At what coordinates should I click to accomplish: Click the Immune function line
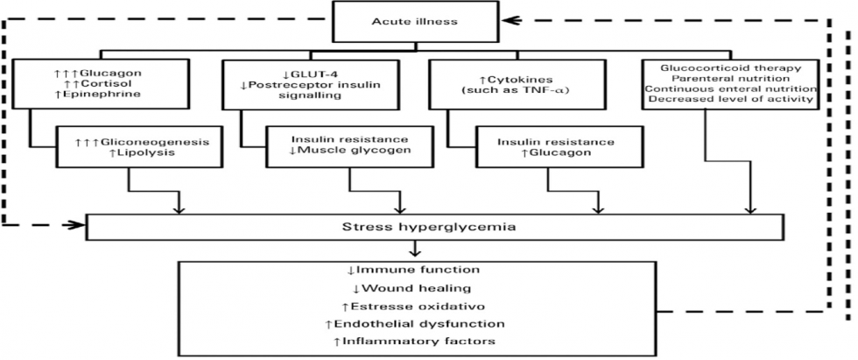point(415,271)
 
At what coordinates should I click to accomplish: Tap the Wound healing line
point(415,288)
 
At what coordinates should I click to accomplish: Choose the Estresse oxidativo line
point(415,306)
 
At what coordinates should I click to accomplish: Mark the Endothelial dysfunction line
point(415,323)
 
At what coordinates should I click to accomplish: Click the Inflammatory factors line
point(415,341)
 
